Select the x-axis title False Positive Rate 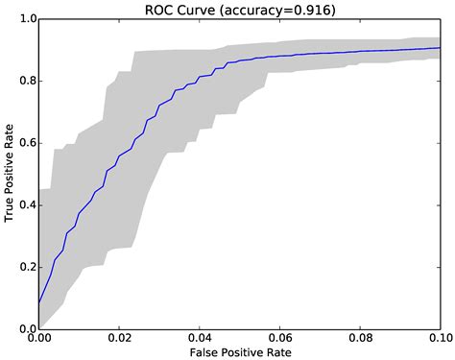240,352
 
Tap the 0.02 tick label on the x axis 119,338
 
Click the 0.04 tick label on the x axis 200,338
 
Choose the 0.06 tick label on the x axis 280,338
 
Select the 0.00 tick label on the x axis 39,338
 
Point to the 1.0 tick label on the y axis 26,19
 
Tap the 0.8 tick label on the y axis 26,82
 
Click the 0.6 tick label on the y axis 26,143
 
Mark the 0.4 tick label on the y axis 26,205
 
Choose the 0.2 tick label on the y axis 26,267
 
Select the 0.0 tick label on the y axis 26,328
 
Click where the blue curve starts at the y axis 39,302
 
